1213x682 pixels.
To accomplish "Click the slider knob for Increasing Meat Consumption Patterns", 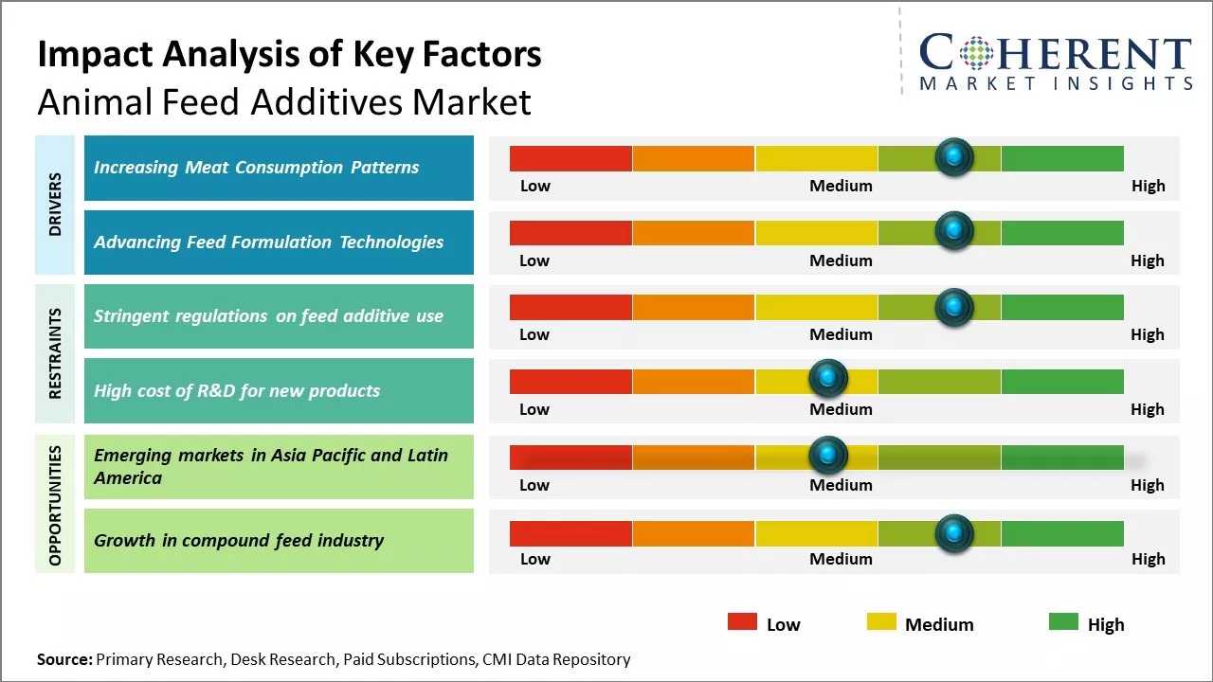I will [953, 156].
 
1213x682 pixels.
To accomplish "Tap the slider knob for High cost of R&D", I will [828, 379].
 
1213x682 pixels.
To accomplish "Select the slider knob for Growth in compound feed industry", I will [953, 533].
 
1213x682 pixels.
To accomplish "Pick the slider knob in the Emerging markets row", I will [828, 456].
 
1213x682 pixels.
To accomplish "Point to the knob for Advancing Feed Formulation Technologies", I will [953, 230].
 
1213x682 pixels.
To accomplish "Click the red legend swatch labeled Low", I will [742, 622].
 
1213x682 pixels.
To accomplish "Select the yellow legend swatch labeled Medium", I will [881, 622].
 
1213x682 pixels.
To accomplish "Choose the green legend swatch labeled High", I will [1063, 622].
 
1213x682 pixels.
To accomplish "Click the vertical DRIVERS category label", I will [55, 205].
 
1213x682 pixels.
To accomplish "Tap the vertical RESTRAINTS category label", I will [55, 353].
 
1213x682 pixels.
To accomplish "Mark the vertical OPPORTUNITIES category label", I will [55, 505].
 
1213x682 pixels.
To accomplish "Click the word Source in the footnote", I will [63, 659].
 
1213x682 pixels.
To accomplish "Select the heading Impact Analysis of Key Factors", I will [289, 55].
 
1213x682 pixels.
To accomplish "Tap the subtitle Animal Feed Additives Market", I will [284, 101].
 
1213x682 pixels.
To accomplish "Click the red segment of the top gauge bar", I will [570, 158].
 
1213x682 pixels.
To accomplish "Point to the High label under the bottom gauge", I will [1147, 559].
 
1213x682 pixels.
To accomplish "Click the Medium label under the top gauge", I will [841, 186].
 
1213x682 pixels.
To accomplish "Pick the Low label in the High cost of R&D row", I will [534, 409].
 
